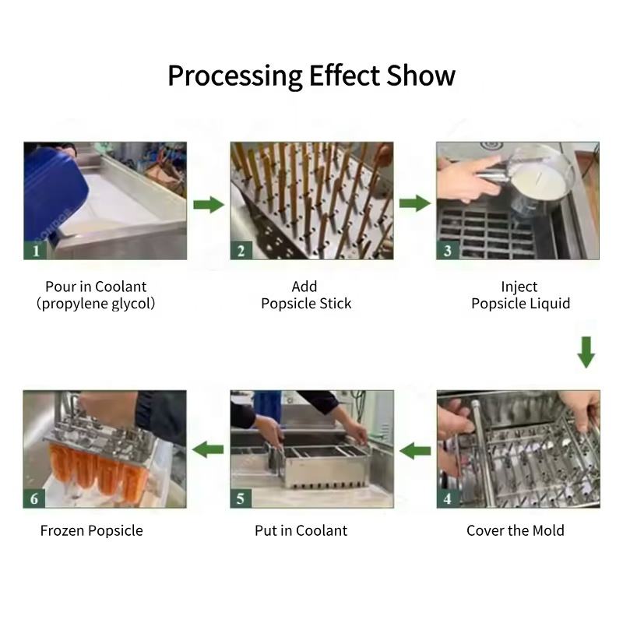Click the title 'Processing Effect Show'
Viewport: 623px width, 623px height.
311,76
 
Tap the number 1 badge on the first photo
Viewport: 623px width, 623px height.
35,250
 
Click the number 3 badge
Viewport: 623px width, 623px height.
448,250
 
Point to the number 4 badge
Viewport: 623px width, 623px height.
448,498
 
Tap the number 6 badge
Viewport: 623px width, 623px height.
35,498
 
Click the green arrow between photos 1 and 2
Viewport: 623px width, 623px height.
208,205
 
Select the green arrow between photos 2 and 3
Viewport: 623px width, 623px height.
415,204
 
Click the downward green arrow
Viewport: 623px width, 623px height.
586,352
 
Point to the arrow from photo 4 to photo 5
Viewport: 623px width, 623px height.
415,450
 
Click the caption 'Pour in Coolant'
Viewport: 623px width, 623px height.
96,287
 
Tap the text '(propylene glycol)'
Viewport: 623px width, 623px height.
96,304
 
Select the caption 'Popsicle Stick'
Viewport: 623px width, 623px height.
306,304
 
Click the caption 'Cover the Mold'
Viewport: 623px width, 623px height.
516,530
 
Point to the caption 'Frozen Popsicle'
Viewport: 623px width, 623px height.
92,530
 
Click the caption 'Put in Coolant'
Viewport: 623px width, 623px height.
301,530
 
